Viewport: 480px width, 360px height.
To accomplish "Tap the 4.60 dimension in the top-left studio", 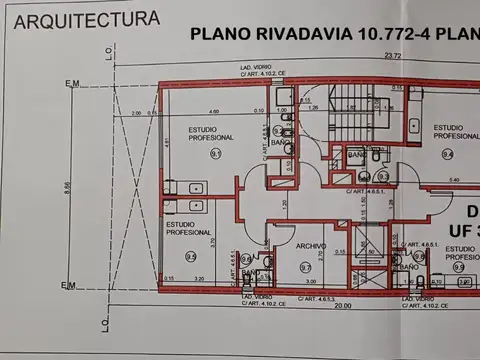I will tap(214, 111).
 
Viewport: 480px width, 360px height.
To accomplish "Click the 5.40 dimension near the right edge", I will tap(453, 179).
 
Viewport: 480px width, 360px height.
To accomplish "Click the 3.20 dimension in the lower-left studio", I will tap(198, 279).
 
